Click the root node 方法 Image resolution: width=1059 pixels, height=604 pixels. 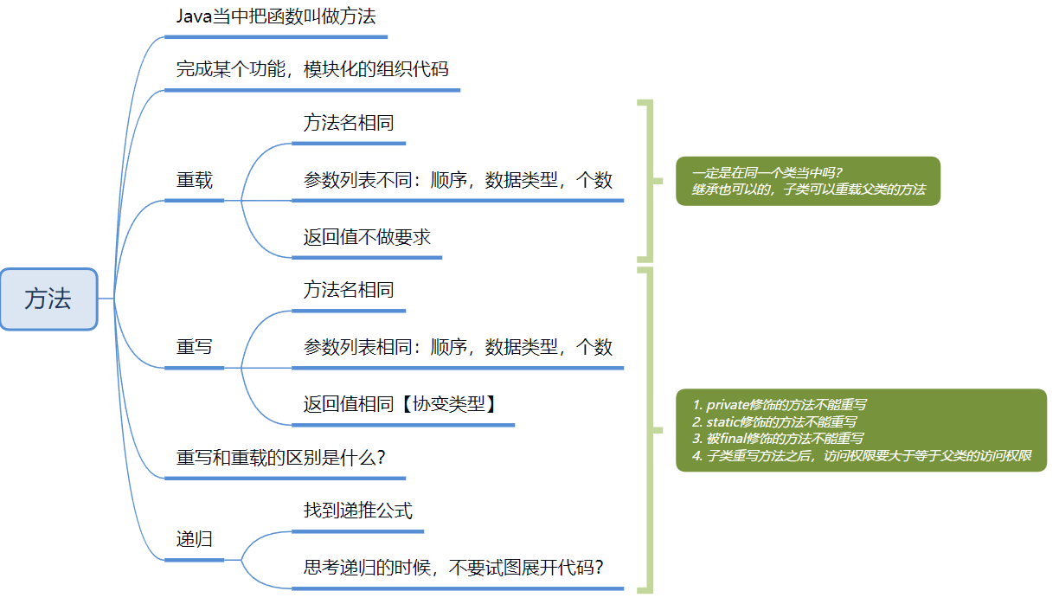pos(48,299)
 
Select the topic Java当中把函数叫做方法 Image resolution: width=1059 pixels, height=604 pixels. pos(275,17)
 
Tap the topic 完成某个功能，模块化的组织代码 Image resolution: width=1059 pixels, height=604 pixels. pos(312,70)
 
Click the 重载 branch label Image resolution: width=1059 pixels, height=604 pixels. pos(195,181)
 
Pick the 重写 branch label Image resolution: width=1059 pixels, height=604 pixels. pos(195,348)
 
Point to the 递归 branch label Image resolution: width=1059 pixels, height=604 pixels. pos(195,540)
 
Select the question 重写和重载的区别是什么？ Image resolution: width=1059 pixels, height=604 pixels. pos(280,458)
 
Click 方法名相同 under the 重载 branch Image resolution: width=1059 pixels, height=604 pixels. pos(349,124)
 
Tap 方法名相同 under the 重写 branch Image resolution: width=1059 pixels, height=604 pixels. pos(349,291)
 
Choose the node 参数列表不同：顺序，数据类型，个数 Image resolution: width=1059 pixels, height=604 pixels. pos(458,181)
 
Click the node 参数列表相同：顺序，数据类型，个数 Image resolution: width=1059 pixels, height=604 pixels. pos(458,348)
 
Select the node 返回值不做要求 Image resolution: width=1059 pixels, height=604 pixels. pos(367,238)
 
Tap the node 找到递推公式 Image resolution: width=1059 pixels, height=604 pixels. pos(358,511)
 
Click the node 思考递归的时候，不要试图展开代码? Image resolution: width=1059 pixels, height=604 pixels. pos(453,569)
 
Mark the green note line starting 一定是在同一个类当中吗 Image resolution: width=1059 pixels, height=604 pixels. pos(767,172)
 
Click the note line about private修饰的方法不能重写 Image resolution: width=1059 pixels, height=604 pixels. pos(780,404)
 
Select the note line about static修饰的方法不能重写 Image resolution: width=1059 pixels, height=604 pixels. pos(774,421)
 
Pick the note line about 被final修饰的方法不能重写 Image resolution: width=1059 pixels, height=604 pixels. pos(777,439)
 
